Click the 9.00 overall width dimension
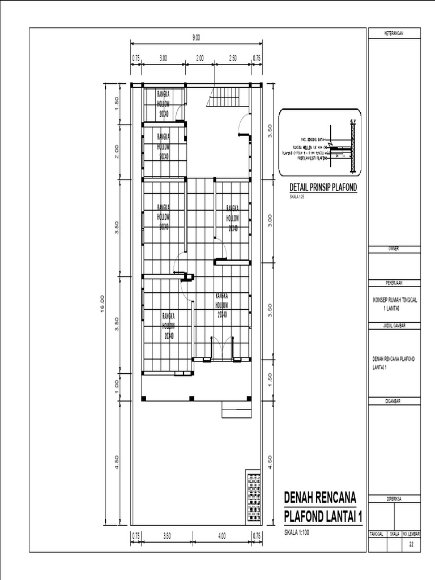click(196, 38)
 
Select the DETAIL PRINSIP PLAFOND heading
click(323, 187)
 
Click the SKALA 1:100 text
click(297, 533)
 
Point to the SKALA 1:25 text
click(297, 197)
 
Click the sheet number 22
click(412, 544)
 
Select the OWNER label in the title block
click(395, 249)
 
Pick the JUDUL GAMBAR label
click(395, 326)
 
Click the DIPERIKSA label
click(395, 499)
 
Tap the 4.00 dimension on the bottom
click(222, 535)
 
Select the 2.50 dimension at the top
click(233, 57)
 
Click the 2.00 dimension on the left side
click(117, 151)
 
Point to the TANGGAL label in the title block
click(377, 534)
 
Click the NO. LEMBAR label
click(412, 534)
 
